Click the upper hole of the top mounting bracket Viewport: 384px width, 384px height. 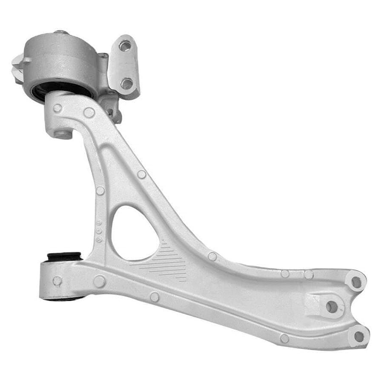click(x=125, y=46)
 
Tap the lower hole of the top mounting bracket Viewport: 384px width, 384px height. click(x=127, y=83)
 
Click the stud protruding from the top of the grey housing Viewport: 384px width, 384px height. click(x=61, y=32)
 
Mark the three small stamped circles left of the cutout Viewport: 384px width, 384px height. click(x=99, y=230)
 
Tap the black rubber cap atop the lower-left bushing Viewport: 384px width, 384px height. click(x=65, y=256)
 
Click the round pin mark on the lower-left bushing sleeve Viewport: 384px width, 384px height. click(x=57, y=281)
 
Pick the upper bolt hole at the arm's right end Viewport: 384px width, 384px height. click(x=356, y=282)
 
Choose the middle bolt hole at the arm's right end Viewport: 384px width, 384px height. click(x=332, y=307)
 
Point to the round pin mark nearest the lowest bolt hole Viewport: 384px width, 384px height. click(x=284, y=338)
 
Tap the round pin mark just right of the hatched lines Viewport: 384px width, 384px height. click(x=212, y=256)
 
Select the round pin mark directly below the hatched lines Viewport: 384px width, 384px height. click(x=155, y=297)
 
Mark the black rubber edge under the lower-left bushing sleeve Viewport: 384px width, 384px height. click(x=63, y=299)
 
